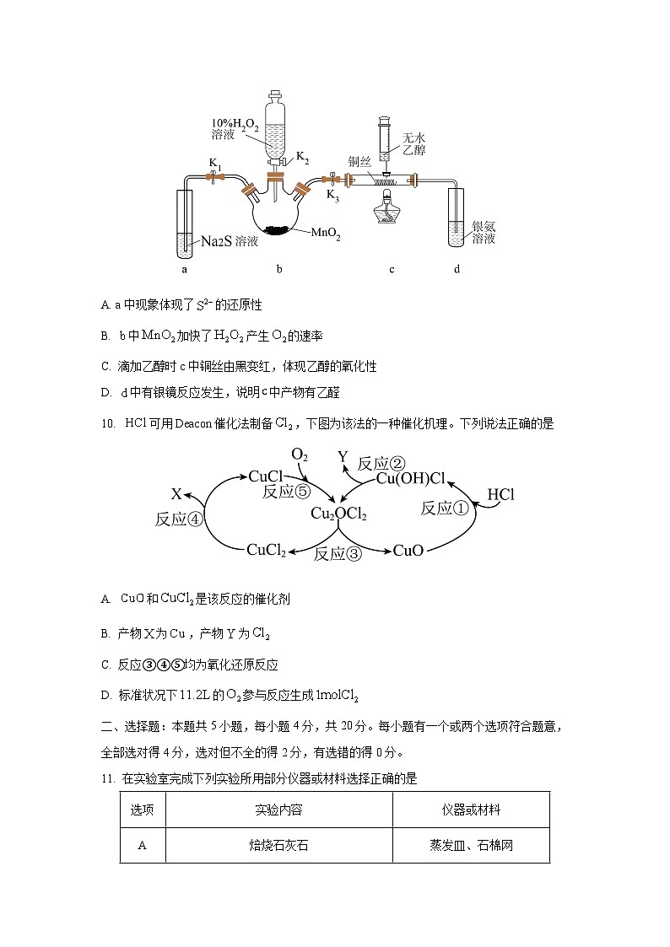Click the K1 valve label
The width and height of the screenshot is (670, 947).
point(216,162)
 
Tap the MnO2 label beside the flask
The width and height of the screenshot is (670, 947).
point(326,234)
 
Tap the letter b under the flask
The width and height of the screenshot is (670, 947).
point(278,270)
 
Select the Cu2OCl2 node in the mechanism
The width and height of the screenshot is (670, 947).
point(338,514)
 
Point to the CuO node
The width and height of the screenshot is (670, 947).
point(408,551)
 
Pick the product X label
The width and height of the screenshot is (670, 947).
point(176,494)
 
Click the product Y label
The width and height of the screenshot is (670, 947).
point(343,456)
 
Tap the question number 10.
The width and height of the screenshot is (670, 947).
point(107,424)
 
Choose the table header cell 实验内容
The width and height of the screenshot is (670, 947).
point(278,810)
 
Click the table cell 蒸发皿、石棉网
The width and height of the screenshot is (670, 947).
point(471,845)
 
